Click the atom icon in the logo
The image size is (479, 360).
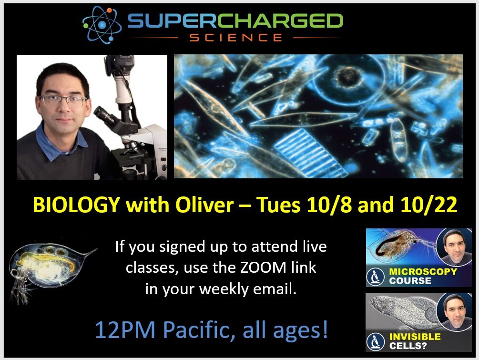[102, 25]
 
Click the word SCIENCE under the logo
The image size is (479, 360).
[236, 38]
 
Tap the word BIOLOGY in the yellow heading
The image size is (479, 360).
[76, 205]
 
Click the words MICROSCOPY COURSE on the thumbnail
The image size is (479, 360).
[423, 276]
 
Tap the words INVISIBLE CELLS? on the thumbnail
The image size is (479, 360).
[415, 341]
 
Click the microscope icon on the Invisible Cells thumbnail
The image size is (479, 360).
[376, 342]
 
